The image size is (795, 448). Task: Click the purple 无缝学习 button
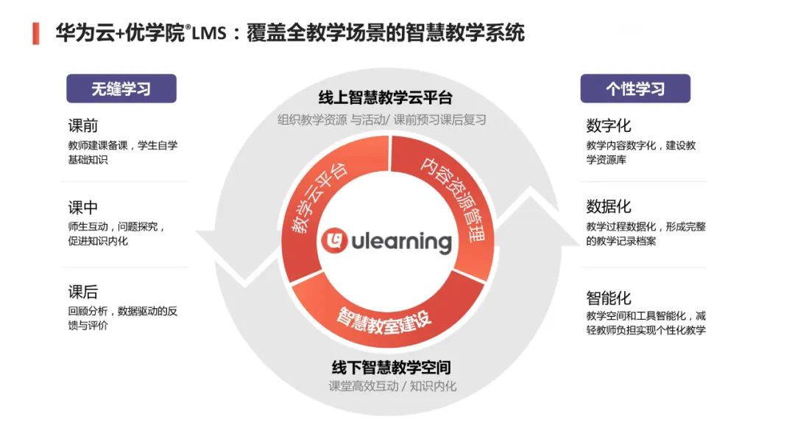(121, 88)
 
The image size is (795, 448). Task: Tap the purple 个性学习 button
(635, 88)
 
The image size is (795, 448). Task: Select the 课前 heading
(83, 126)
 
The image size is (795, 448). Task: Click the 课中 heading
(83, 208)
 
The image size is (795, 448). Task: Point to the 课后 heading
(83, 293)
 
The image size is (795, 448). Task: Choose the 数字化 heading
(609, 126)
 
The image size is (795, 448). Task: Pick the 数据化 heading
(609, 207)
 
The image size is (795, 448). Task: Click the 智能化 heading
(609, 298)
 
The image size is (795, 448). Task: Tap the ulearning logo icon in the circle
(335, 241)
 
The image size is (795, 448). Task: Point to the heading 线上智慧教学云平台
(385, 98)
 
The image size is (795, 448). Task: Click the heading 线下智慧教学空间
(391, 367)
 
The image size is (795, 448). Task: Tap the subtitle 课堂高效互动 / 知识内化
(392, 386)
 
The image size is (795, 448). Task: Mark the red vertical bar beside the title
(35, 33)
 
